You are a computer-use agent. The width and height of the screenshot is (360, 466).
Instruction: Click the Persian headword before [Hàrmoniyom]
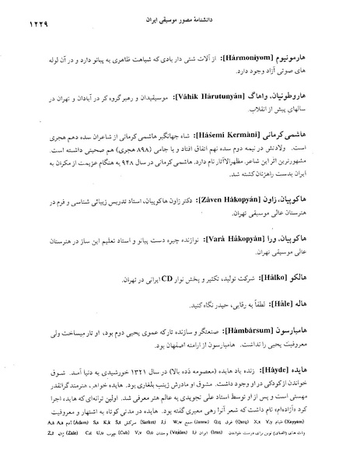320,57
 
